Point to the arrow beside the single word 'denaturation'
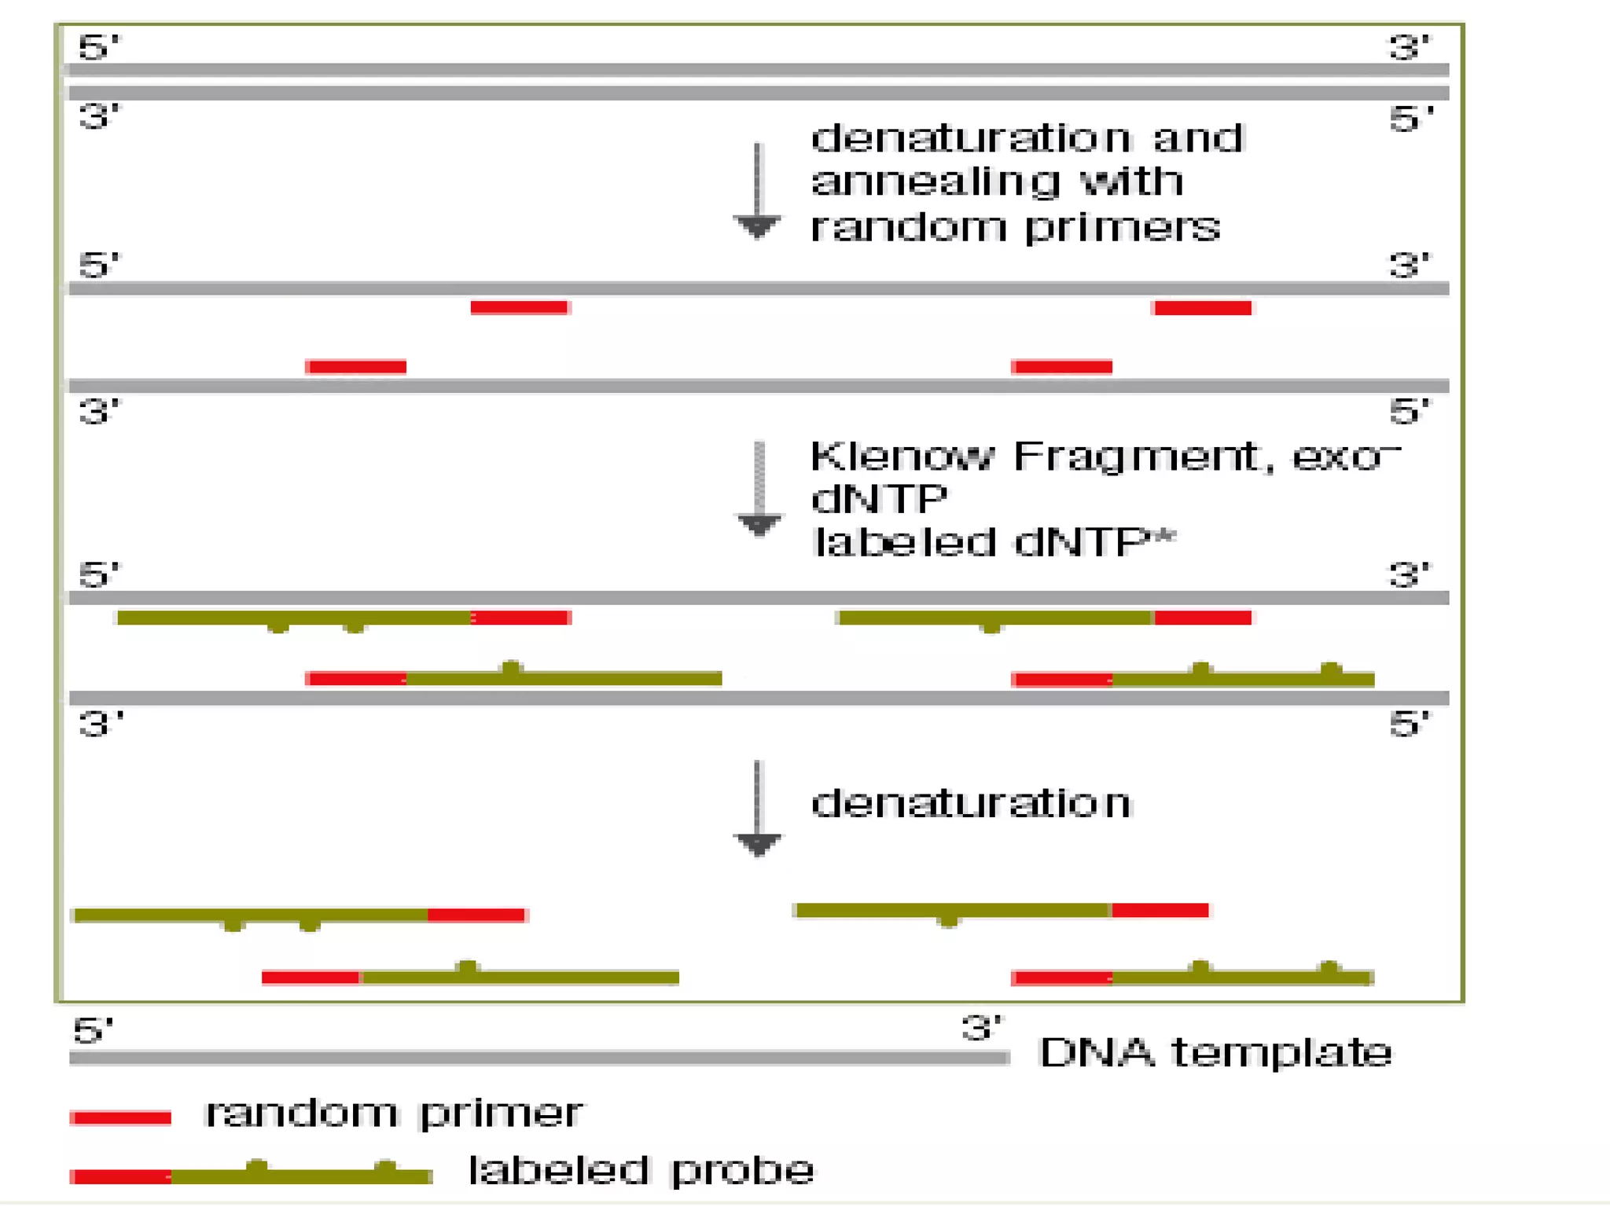[x=757, y=809]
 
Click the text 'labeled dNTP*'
[x=994, y=542]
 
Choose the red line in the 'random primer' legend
[x=120, y=1117]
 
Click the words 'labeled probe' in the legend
[x=641, y=1170]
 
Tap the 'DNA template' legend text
[x=1215, y=1052]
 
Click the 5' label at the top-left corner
[x=99, y=47]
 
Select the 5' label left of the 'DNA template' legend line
[x=93, y=1030]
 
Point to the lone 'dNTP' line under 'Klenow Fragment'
[x=879, y=499]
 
